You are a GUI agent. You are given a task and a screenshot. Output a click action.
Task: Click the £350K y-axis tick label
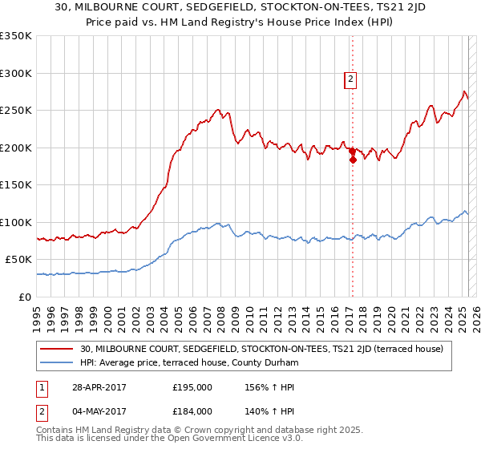16,36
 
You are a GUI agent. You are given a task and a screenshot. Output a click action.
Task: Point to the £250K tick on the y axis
16,111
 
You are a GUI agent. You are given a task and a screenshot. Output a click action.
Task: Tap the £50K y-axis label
19,260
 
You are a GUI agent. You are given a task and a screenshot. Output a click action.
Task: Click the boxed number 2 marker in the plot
351,79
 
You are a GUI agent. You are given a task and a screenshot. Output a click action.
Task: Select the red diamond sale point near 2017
352,159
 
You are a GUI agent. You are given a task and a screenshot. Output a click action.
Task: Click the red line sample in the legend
57,350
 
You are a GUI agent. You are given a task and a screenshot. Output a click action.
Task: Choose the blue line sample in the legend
57,363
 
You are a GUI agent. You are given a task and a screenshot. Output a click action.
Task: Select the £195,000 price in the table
192,386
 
